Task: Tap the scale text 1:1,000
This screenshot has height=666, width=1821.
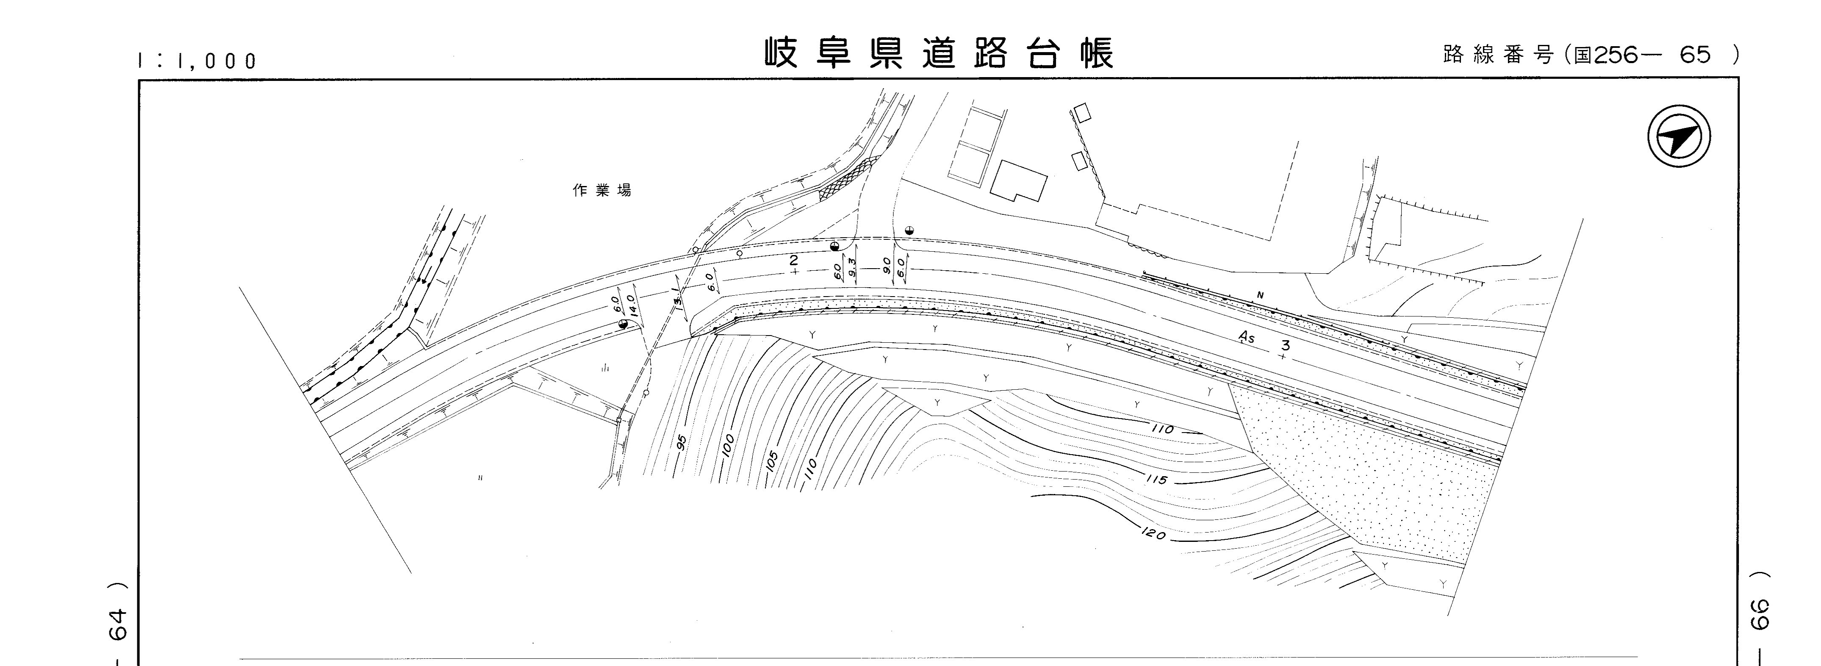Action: [197, 61]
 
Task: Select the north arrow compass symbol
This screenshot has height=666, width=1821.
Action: [1679, 136]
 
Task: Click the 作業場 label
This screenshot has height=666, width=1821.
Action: [601, 190]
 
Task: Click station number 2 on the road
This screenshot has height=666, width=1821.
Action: [793, 261]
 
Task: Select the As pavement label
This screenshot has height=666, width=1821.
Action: [1247, 338]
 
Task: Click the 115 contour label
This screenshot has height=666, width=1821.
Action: [1156, 479]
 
